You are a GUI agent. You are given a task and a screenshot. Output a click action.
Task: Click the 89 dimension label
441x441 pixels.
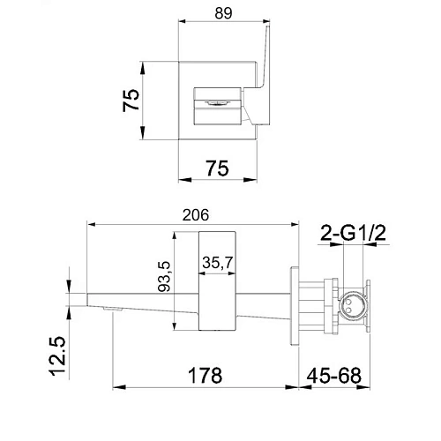[223, 13]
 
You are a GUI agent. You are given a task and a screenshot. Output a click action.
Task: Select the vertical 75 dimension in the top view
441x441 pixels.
[131, 101]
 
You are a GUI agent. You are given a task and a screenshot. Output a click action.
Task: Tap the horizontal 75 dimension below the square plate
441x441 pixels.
[217, 168]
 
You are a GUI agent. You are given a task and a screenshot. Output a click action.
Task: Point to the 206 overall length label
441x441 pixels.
[196, 215]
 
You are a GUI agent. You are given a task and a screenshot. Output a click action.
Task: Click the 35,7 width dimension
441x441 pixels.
[218, 262]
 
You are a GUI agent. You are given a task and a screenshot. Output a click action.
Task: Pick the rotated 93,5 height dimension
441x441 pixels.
[164, 276]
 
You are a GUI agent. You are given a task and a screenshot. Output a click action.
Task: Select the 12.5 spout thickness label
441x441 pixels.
[57, 355]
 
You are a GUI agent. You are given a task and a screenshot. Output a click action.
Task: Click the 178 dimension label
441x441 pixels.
[205, 376]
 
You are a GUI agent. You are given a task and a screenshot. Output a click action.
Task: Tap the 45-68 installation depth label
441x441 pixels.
[334, 376]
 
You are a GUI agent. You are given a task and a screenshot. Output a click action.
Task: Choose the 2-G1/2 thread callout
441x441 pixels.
[353, 233]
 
